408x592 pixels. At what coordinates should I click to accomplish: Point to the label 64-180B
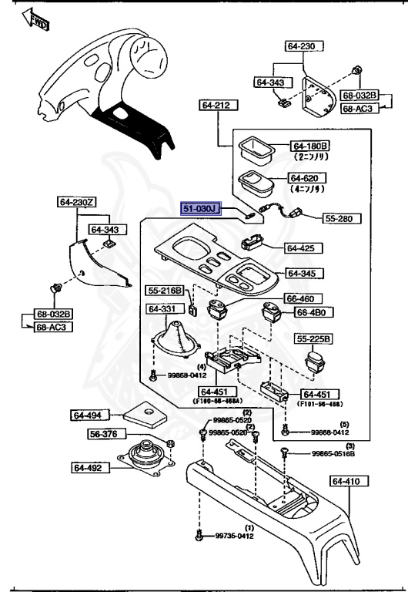(310, 146)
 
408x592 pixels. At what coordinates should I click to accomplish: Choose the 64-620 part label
(308, 178)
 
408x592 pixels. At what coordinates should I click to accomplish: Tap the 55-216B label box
(166, 290)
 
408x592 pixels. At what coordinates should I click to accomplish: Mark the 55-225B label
(313, 338)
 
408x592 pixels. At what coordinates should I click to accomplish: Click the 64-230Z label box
(76, 203)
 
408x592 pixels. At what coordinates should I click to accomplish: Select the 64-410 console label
(349, 481)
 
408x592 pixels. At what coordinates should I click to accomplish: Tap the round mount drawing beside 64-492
(142, 462)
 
